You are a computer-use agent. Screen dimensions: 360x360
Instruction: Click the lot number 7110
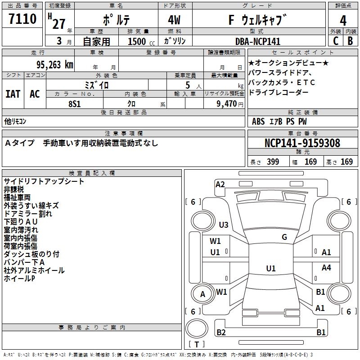point(22,19)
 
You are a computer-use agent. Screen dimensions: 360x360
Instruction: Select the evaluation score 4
point(343,20)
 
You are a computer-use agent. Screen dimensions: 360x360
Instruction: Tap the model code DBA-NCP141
point(258,41)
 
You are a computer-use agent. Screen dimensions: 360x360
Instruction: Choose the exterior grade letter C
point(335,41)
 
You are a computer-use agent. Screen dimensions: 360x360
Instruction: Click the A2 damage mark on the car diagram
point(220,184)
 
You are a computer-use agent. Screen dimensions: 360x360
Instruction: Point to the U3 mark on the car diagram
point(223,225)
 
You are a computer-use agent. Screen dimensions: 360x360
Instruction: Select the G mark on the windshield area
point(284,237)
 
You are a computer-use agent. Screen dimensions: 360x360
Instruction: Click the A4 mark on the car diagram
point(326,268)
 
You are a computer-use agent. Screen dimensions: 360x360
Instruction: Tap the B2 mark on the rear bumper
point(221,332)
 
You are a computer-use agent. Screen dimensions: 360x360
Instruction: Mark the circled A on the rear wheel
point(203,294)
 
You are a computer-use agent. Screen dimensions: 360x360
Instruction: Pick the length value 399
point(273,162)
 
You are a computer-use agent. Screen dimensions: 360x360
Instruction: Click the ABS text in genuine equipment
point(258,121)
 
